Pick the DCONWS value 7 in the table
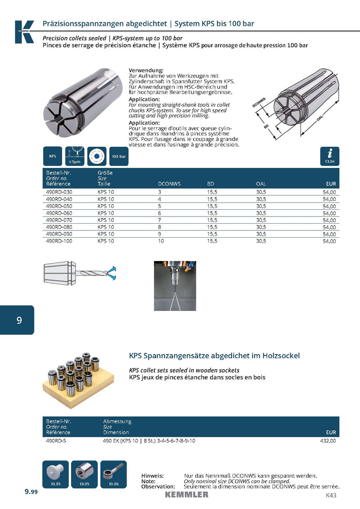pyautogui.click(x=160, y=220)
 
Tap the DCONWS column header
pyautogui.click(x=169, y=184)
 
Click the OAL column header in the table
pyautogui.click(x=261, y=184)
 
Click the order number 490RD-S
pyautogui.click(x=56, y=441)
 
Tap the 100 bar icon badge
pyautogui.click(x=118, y=156)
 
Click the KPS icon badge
pyautogui.click(x=53, y=156)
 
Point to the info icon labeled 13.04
pyautogui.click(x=330, y=156)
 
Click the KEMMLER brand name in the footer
pyautogui.click(x=186, y=495)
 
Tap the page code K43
pyautogui.click(x=331, y=495)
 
